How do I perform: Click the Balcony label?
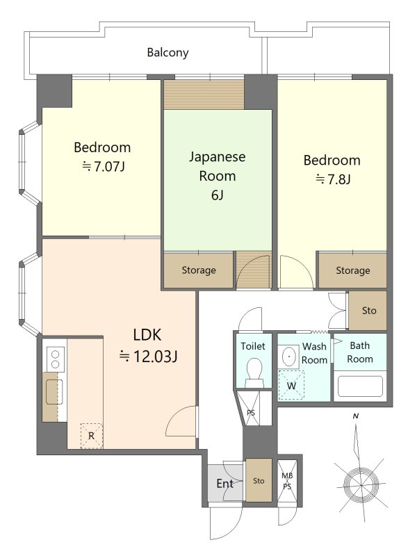[168, 53]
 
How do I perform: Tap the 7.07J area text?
[103, 166]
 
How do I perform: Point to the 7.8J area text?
[333, 179]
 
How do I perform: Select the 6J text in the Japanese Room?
[217, 195]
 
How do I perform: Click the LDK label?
[147, 335]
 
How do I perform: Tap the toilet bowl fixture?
[254, 373]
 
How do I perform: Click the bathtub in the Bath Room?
[360, 386]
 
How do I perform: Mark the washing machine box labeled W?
[291, 385]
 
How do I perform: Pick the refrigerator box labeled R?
[92, 436]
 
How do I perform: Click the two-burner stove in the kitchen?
[56, 359]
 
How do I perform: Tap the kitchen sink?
[54, 392]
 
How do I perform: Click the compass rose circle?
[361, 484]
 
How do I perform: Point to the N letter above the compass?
[356, 416]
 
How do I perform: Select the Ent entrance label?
[225, 483]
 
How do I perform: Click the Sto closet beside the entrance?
[259, 480]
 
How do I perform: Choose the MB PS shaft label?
[287, 481]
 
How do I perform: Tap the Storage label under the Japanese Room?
[199, 270]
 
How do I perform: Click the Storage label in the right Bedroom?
[352, 270]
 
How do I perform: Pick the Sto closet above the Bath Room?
[368, 311]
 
